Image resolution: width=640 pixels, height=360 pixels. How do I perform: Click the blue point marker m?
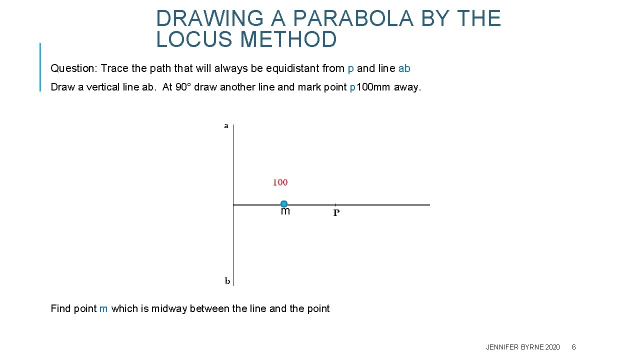coord(284,204)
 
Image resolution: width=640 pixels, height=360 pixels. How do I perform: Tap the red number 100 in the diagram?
coord(280,182)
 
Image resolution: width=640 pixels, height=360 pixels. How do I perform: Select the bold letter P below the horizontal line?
coord(336,213)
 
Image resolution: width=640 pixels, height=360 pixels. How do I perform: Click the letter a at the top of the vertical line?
coord(226,126)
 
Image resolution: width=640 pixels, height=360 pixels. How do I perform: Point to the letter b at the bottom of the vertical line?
coord(227,281)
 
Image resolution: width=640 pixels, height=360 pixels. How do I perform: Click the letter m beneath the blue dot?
coord(285,211)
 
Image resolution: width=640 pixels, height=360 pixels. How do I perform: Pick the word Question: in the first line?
coord(74,68)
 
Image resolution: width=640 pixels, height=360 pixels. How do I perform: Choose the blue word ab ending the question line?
coord(404,68)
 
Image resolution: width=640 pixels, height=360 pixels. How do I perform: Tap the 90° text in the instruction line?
coord(183,87)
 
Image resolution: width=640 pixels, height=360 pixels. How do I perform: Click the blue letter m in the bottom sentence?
coord(103,309)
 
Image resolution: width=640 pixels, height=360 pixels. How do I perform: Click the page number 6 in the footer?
coord(573,347)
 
